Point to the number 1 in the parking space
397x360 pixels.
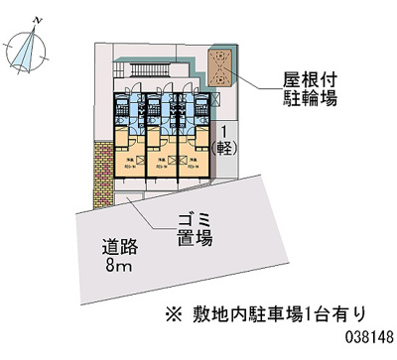[227, 132]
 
